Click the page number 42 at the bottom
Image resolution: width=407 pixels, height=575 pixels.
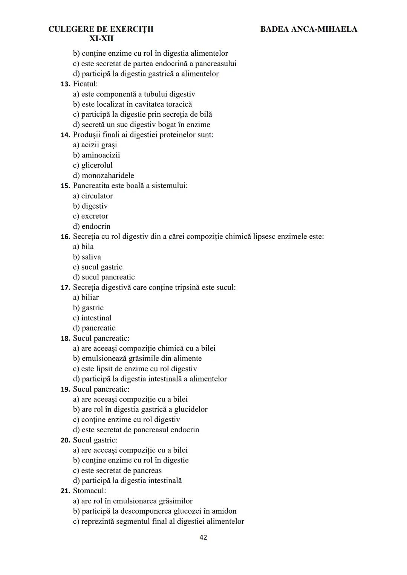(x=203, y=537)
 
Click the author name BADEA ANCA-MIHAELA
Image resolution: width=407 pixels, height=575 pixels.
(x=309, y=29)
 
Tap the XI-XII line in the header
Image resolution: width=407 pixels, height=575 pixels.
(x=101, y=39)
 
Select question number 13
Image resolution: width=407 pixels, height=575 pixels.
(x=65, y=84)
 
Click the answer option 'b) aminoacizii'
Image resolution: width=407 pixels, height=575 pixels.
(x=96, y=155)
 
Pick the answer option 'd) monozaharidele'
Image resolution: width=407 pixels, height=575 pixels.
(x=103, y=175)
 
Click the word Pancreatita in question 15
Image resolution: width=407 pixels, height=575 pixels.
(x=91, y=186)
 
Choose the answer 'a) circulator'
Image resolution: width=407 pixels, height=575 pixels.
(x=93, y=196)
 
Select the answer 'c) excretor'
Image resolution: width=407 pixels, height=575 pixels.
(x=90, y=216)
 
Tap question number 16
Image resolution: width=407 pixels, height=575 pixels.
(x=65, y=237)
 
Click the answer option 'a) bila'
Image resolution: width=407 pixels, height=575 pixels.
(x=83, y=247)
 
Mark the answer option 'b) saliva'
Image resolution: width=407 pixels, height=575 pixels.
(x=87, y=257)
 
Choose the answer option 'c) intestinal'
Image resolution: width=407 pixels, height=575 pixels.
(x=92, y=318)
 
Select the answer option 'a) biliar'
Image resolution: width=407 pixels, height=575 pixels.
(x=86, y=297)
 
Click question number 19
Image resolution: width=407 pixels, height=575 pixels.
(x=65, y=389)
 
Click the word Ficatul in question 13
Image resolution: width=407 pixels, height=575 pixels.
(x=85, y=84)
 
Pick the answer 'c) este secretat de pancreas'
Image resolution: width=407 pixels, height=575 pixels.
(x=117, y=471)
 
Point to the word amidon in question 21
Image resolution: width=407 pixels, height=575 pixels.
(x=224, y=511)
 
